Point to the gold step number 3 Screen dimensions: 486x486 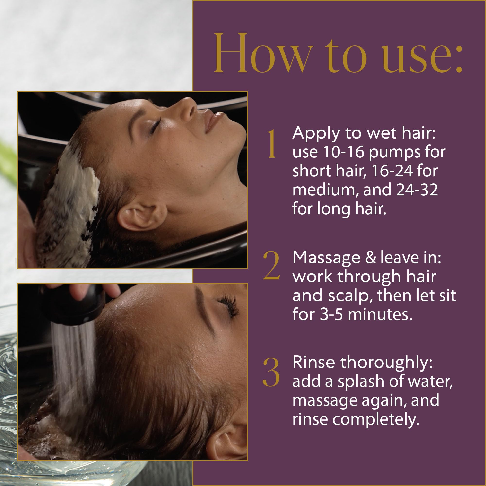pyautogui.click(x=271, y=372)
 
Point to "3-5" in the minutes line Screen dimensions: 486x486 pyautogui.click(x=331, y=314)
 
